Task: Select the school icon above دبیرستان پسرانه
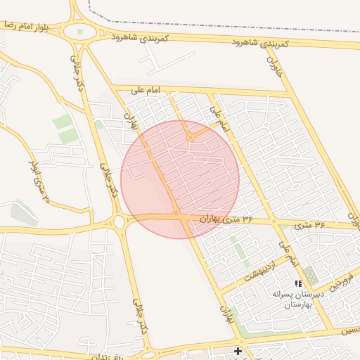298,283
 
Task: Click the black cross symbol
238,350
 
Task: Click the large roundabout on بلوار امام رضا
79,32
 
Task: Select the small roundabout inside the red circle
190,138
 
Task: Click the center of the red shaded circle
180,179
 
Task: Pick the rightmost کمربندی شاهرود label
261,43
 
